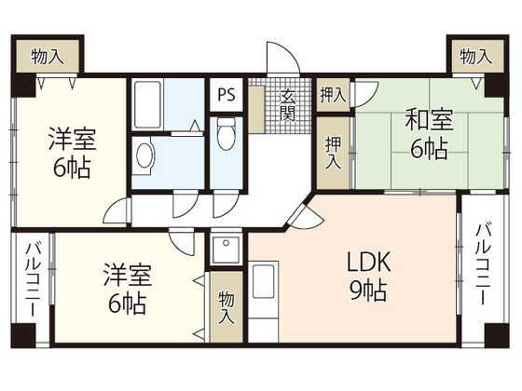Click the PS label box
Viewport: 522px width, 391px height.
coord(226,94)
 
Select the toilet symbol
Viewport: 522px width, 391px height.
coord(226,135)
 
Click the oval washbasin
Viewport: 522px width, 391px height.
coord(144,155)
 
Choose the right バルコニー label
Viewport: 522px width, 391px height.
coord(483,265)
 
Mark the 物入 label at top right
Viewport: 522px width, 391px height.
coord(475,56)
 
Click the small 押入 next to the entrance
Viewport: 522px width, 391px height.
coord(332,94)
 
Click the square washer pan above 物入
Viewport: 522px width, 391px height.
coord(227,250)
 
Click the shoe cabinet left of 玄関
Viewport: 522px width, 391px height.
coord(256,111)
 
